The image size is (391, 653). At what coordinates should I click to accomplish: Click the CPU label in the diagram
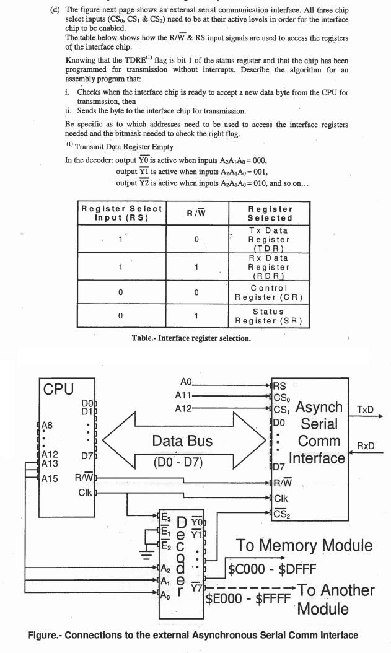58,389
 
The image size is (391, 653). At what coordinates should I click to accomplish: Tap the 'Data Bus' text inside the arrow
182,440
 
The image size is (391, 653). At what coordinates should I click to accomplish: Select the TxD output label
365,410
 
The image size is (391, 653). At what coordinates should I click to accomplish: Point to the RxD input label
365,446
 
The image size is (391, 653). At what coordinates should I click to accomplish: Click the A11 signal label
184,395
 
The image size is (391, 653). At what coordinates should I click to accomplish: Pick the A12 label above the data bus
184,408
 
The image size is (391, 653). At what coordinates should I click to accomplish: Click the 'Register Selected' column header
270,213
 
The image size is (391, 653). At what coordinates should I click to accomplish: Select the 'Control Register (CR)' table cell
270,292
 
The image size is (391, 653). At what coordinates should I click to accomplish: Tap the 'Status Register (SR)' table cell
270,316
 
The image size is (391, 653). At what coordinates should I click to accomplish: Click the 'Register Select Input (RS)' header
121,213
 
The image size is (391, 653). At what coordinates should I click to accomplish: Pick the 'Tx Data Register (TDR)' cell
270,239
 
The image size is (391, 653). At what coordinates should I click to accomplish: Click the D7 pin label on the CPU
87,455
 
